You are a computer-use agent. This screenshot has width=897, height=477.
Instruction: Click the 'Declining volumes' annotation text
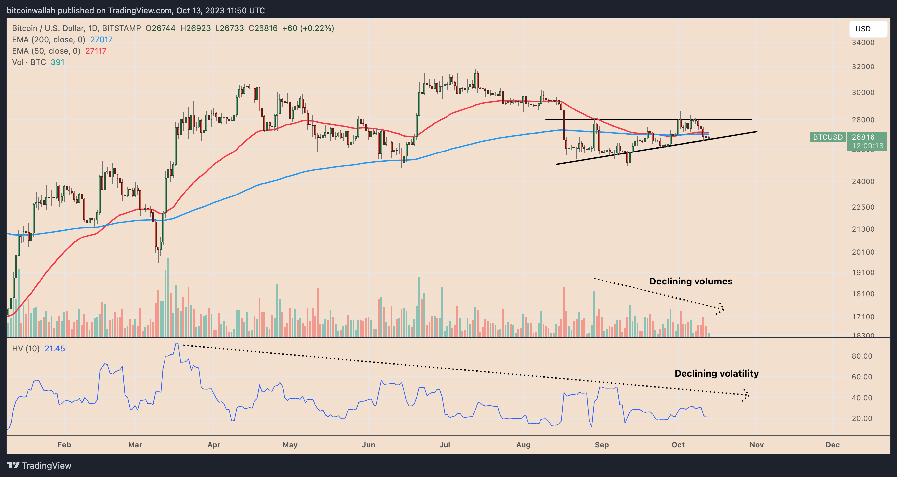pyautogui.click(x=690, y=281)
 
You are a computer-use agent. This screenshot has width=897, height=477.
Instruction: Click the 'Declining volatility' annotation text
pyautogui.click(x=716, y=373)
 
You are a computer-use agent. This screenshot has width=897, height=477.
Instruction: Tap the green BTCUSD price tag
pyautogui.click(x=827, y=137)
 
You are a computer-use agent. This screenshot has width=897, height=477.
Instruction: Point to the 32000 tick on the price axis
pyautogui.click(x=863, y=66)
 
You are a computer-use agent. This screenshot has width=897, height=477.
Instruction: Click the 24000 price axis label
pyautogui.click(x=863, y=181)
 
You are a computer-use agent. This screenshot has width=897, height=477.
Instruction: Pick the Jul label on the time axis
pyautogui.click(x=445, y=445)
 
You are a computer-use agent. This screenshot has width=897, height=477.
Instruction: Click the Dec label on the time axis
pyautogui.click(x=832, y=445)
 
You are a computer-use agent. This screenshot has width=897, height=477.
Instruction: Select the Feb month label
pyautogui.click(x=64, y=445)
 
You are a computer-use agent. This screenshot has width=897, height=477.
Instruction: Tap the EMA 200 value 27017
pyautogui.click(x=101, y=40)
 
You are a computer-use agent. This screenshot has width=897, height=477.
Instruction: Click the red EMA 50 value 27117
pyautogui.click(x=96, y=51)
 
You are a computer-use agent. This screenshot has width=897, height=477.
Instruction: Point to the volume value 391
pyautogui.click(x=58, y=62)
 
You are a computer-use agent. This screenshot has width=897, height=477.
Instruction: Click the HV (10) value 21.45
pyautogui.click(x=55, y=349)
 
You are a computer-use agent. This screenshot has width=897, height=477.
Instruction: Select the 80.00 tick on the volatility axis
pyautogui.click(x=862, y=356)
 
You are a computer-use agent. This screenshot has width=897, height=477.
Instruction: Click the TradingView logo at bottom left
pyautogui.click(x=39, y=465)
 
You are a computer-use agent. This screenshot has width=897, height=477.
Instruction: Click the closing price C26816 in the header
pyautogui.click(x=263, y=28)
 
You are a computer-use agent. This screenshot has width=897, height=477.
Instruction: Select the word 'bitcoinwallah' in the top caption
pyautogui.click(x=31, y=11)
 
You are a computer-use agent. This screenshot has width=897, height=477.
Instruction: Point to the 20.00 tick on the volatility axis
pyautogui.click(x=862, y=418)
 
